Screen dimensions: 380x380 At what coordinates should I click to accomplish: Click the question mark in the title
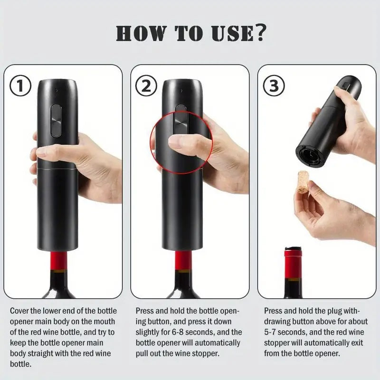[x=259, y=35]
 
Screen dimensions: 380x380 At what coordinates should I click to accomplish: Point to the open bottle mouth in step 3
[x=292, y=248]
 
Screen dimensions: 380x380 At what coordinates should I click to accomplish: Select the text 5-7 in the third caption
[x=275, y=332]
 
